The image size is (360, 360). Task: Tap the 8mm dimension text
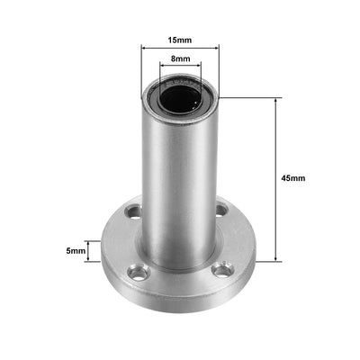180,58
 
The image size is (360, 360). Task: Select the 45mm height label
292,177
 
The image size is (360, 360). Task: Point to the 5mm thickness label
76,252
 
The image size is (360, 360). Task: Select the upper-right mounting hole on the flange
221,211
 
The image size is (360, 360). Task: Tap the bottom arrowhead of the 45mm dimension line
274,259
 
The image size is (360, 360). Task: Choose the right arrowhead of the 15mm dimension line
217,49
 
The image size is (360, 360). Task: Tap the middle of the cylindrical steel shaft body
180,171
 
